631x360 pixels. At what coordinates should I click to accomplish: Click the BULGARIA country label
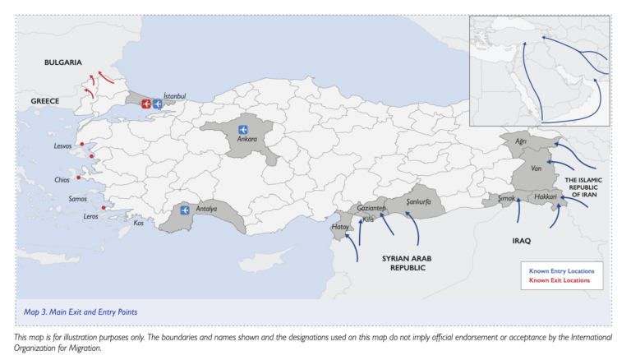[63, 62]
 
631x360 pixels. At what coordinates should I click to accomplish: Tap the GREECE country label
[45, 100]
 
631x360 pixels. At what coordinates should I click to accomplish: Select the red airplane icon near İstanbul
[146, 104]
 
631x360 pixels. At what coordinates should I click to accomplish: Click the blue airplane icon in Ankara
[242, 129]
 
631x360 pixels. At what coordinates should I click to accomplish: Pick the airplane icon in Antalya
[182, 210]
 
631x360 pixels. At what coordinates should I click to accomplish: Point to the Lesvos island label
[63, 147]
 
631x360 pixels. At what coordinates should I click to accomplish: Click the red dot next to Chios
[79, 178]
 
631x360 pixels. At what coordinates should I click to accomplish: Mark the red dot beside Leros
[104, 208]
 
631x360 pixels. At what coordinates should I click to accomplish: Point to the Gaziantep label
[371, 209]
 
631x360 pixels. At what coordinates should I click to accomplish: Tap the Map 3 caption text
[81, 312]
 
